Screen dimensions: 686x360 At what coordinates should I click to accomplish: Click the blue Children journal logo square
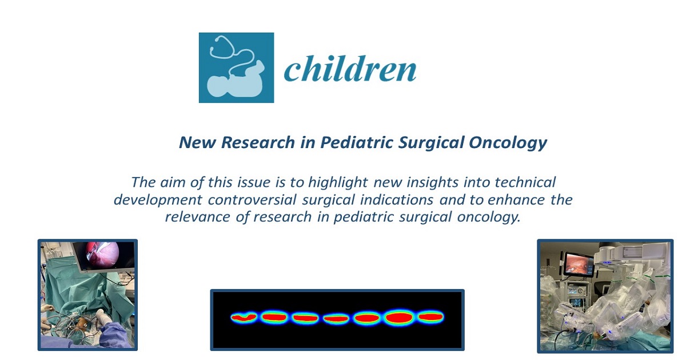[x=237, y=67]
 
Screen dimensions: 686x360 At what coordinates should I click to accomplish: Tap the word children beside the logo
[x=350, y=69]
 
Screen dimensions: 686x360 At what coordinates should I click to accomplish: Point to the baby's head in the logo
[x=218, y=86]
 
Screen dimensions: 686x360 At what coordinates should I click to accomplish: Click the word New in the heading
[x=198, y=142]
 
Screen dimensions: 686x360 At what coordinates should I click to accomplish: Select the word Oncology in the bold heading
[x=508, y=143]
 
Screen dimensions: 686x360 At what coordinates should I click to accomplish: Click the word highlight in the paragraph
[x=338, y=183]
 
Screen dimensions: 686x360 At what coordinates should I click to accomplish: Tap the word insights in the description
[x=432, y=183]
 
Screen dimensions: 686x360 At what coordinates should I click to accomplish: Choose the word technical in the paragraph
[x=525, y=182]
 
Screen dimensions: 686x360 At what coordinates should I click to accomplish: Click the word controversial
[x=252, y=200]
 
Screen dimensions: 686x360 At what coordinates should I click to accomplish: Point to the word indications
[x=397, y=200]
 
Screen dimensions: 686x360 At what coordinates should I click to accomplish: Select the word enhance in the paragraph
[x=516, y=200]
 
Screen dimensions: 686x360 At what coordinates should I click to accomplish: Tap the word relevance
[x=198, y=217]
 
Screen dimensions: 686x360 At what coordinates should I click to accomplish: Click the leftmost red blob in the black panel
[x=244, y=318]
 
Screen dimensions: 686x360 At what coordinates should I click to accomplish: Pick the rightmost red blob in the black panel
[x=430, y=317]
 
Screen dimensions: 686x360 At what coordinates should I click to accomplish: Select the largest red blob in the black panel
[x=399, y=318]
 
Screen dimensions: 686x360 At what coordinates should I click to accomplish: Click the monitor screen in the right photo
[x=578, y=265]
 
